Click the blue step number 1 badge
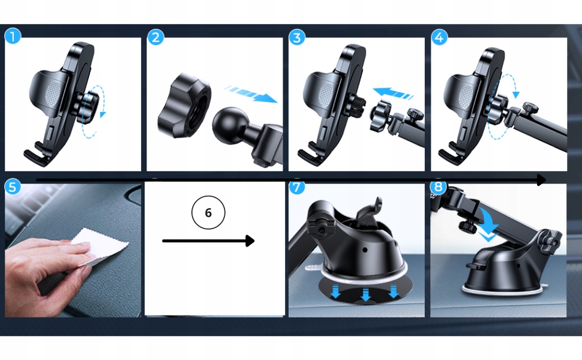click(x=13, y=37)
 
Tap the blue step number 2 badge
click(x=155, y=37)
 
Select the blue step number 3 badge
click(x=297, y=37)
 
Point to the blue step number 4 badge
click(x=439, y=37)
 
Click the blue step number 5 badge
click(x=13, y=187)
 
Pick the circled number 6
click(x=208, y=212)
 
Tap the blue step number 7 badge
click(x=296, y=187)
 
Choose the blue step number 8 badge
click(x=439, y=187)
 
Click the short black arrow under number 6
click(x=208, y=241)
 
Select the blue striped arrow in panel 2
click(x=251, y=94)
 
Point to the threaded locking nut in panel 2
click(x=184, y=107)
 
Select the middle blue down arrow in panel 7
click(x=366, y=295)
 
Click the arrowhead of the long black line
click(x=541, y=181)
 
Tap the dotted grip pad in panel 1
click(x=52, y=94)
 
